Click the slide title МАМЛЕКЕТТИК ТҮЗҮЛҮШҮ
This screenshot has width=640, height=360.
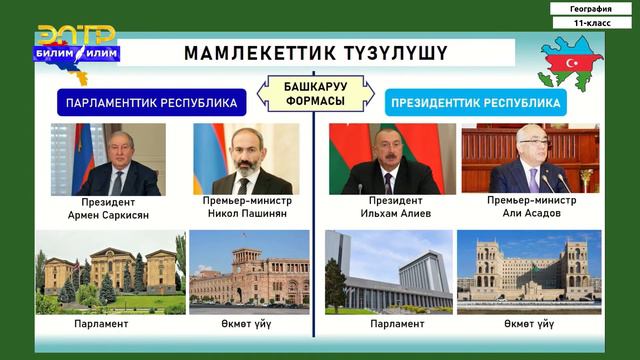[x=315, y=53]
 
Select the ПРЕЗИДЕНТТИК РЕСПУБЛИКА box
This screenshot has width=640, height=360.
[x=475, y=102]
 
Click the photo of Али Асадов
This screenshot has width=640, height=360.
[x=530, y=159]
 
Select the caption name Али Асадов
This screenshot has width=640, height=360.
[x=530, y=214]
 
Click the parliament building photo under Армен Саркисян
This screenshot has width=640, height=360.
[x=109, y=268]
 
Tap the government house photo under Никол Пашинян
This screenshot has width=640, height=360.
[x=249, y=268]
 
